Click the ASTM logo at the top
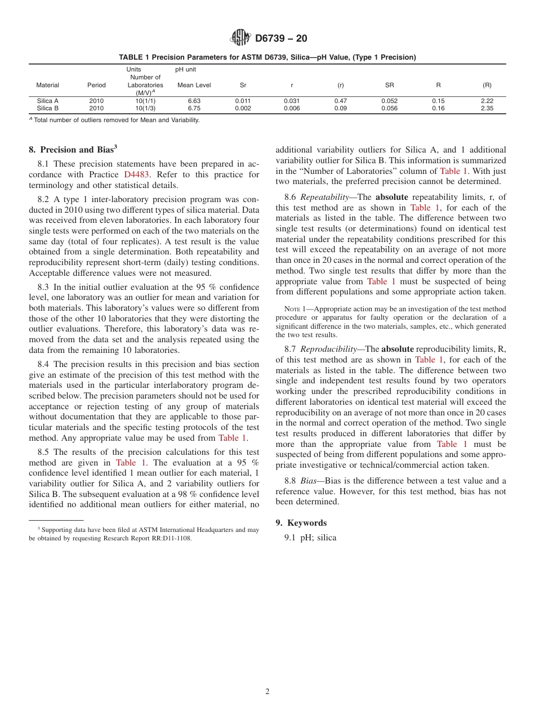pyautogui.click(x=240, y=38)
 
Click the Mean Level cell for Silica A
pyautogui.click(x=194, y=101)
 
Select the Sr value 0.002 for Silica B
pyautogui.click(x=243, y=109)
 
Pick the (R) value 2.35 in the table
pyautogui.click(x=487, y=109)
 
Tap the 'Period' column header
pyautogui.click(x=96, y=86)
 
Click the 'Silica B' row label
pyautogui.click(x=48, y=109)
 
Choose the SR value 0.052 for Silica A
pyautogui.click(x=389, y=101)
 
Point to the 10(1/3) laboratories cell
pyautogui.click(x=145, y=109)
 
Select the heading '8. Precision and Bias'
pyautogui.click(x=73, y=150)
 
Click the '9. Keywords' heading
pyautogui.click(x=301, y=523)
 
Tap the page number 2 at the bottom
pyautogui.click(x=267, y=692)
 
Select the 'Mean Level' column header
pyautogui.click(x=194, y=86)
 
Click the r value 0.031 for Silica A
pyautogui.click(x=292, y=101)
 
